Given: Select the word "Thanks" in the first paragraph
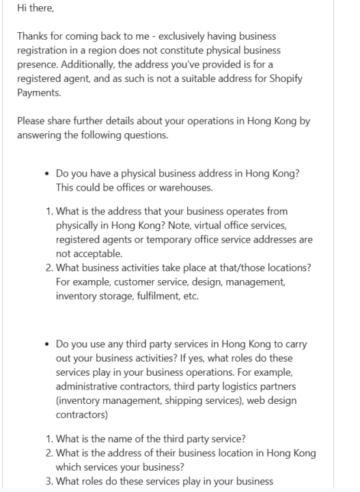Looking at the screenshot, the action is click(33, 36).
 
